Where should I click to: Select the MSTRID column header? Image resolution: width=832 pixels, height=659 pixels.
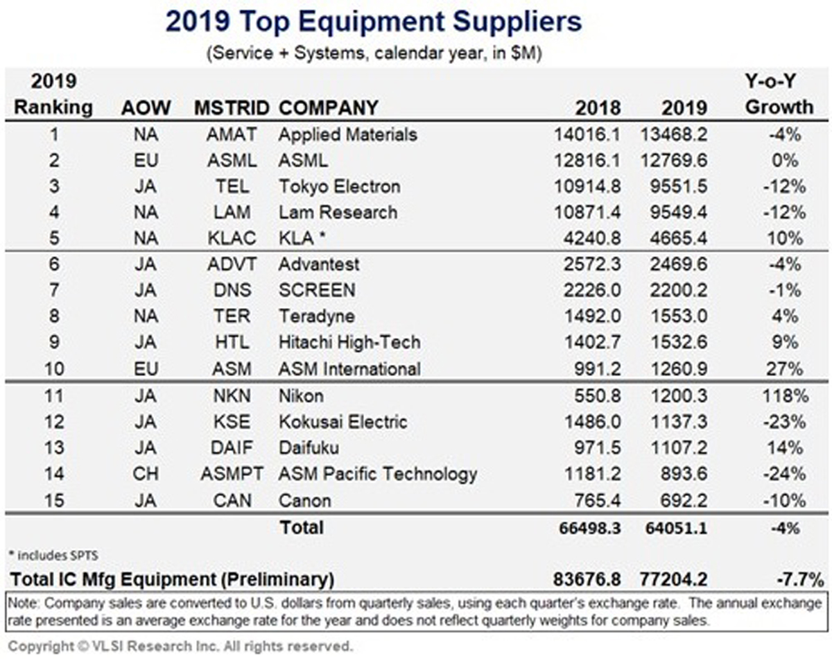tap(231, 108)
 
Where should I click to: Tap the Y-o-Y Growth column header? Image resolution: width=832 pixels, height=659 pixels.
tap(779, 95)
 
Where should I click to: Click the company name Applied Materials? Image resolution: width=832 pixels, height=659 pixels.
tap(347, 134)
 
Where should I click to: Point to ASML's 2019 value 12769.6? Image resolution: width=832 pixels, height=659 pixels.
tap(675, 160)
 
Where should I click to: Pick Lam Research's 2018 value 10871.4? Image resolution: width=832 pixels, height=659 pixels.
tap(587, 212)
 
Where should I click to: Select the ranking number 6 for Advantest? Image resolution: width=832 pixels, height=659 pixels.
tap(53, 264)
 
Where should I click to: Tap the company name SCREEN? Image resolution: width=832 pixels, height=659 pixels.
tap(316, 291)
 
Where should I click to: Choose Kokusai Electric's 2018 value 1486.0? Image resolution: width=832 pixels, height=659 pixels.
tap(593, 422)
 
